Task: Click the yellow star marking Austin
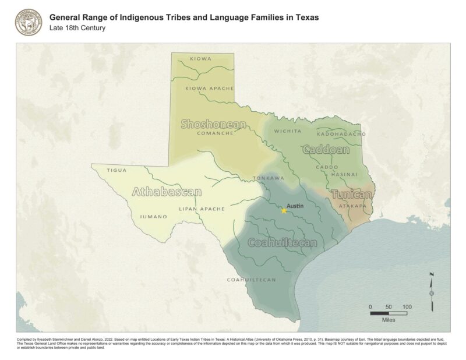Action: click(x=284, y=210)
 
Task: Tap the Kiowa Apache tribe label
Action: click(x=209, y=89)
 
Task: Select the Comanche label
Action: click(x=216, y=133)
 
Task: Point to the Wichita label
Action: click(x=288, y=131)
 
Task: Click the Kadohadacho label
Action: click(x=341, y=134)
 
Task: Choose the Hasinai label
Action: click(x=344, y=174)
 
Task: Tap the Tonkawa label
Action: click(x=268, y=178)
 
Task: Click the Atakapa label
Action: click(x=352, y=206)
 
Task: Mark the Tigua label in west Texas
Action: click(x=117, y=170)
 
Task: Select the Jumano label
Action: click(x=153, y=217)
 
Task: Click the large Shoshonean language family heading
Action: click(x=213, y=123)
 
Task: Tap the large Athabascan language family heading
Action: click(x=167, y=192)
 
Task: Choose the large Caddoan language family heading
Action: click(x=326, y=150)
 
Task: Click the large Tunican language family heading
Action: click(x=352, y=195)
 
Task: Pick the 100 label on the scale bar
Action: click(x=407, y=307)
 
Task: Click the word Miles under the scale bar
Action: click(x=389, y=320)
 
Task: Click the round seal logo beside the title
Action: click(x=29, y=22)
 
